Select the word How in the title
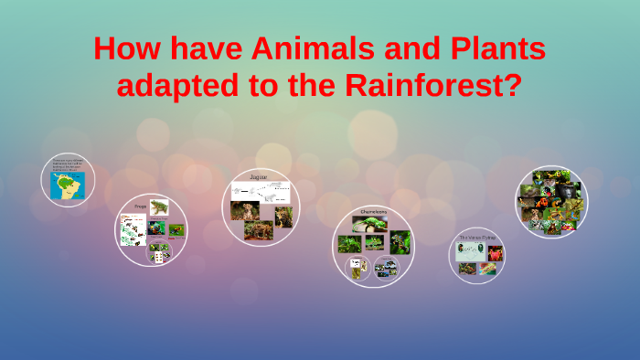pos(127,48)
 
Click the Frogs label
pos(140,206)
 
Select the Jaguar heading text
pos(259,175)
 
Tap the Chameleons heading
pos(372,211)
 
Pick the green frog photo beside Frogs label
pos(159,208)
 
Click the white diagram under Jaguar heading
pos(261,192)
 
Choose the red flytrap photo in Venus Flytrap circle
pos(495,253)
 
